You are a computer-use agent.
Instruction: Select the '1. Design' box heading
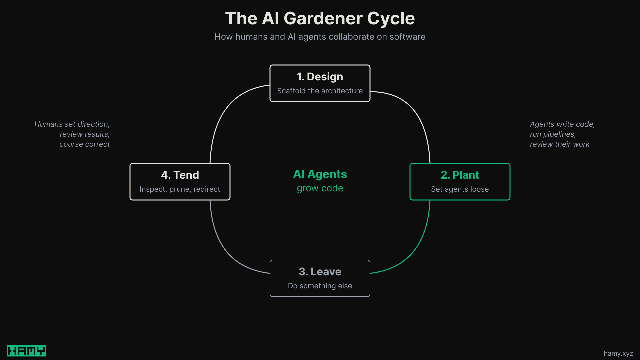pyautogui.click(x=320, y=77)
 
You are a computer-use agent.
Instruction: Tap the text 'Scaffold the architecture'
pyautogui.click(x=320, y=91)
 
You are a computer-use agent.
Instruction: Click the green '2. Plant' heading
pyautogui.click(x=460, y=175)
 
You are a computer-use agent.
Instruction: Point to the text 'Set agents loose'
pyautogui.click(x=460, y=189)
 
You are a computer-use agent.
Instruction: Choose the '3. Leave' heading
pyautogui.click(x=320, y=272)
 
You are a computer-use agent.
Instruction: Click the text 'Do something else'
pyautogui.click(x=320, y=286)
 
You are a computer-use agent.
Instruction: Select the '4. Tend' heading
pyautogui.click(x=180, y=175)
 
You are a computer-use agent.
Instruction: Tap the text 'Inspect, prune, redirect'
pyautogui.click(x=180, y=189)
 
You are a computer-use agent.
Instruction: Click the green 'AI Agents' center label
pyautogui.click(x=320, y=174)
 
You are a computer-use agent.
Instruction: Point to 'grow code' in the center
pyautogui.click(x=320, y=188)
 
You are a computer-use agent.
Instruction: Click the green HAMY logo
pyautogui.click(x=26, y=351)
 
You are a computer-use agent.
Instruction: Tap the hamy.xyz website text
pyautogui.click(x=618, y=353)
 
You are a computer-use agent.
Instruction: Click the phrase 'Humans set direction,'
pyautogui.click(x=72, y=124)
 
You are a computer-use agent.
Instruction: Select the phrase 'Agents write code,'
pyautogui.click(x=562, y=124)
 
